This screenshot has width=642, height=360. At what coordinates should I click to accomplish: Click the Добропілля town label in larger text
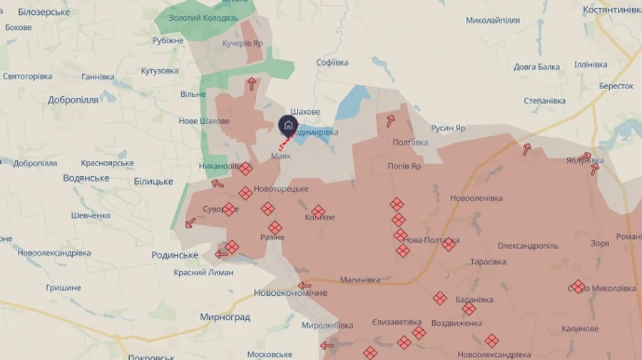point(73,100)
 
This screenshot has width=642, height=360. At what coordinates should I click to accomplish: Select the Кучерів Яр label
point(243,43)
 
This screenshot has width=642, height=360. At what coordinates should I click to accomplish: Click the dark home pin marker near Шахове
point(287,126)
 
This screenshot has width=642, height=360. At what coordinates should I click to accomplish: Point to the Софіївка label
point(332,63)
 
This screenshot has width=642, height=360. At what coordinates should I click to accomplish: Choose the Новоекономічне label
point(291,293)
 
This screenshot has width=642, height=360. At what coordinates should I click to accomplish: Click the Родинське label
point(175,255)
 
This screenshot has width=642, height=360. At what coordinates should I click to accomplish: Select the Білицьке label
point(153,181)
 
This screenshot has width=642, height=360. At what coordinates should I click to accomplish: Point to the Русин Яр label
point(448,128)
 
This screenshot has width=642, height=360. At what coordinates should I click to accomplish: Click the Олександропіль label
point(528,245)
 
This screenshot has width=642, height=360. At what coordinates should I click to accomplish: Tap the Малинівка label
point(362,280)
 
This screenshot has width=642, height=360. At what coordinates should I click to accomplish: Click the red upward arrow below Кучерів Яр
point(251,84)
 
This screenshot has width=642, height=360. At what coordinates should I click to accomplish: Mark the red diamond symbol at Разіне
point(275,227)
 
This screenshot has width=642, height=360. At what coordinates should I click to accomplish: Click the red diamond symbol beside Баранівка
point(469,309)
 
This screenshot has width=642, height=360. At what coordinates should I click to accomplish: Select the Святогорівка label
point(28,76)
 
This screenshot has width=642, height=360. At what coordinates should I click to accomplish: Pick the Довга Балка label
point(536,67)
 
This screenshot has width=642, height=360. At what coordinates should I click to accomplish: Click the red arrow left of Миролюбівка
point(327,346)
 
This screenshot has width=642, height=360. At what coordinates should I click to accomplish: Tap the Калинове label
point(580,329)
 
